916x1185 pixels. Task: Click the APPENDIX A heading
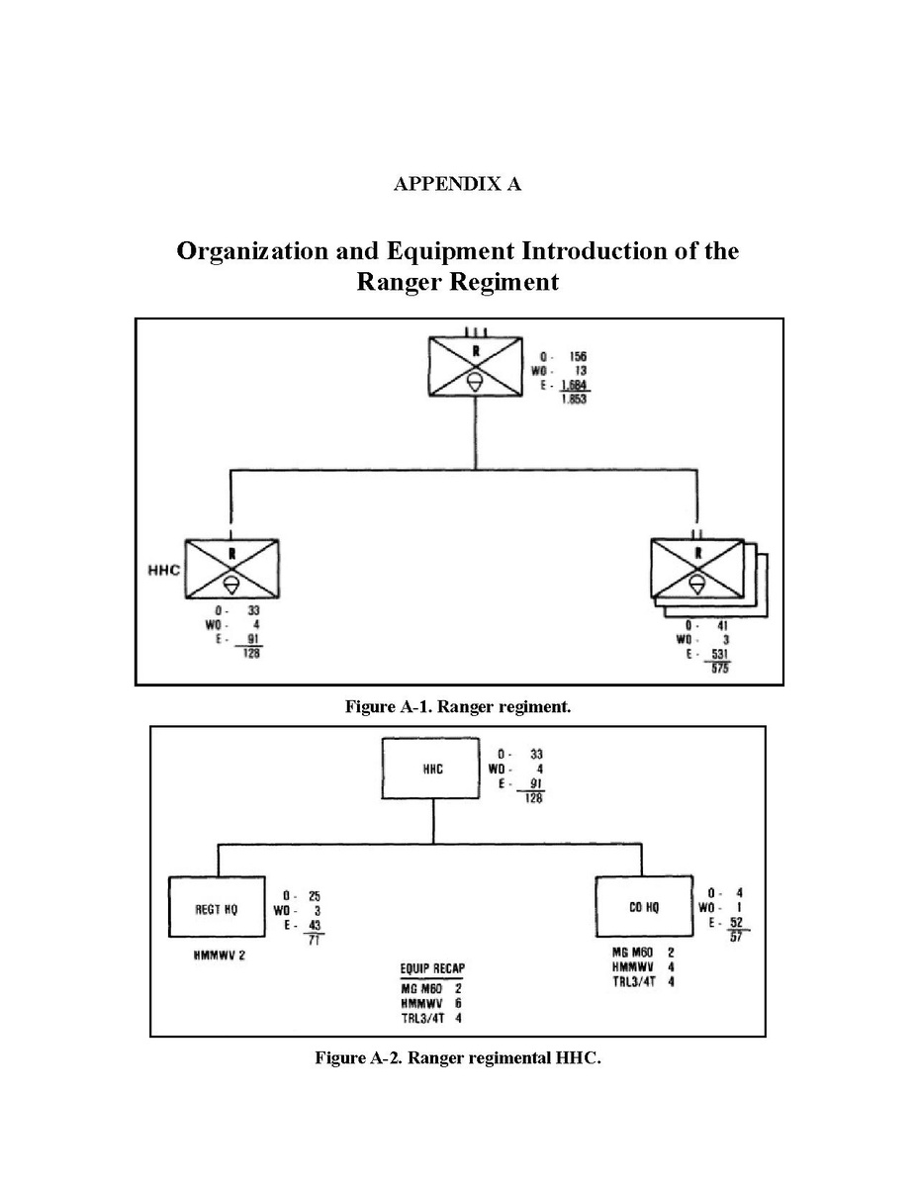point(457,185)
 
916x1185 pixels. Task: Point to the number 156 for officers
point(578,357)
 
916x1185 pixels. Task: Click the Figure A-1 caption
point(457,707)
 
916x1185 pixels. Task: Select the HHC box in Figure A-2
point(433,770)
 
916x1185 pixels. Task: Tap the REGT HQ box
point(216,907)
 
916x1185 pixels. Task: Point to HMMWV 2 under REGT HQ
point(220,955)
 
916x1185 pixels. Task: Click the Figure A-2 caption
point(457,1058)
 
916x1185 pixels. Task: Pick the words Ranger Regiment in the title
point(457,283)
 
